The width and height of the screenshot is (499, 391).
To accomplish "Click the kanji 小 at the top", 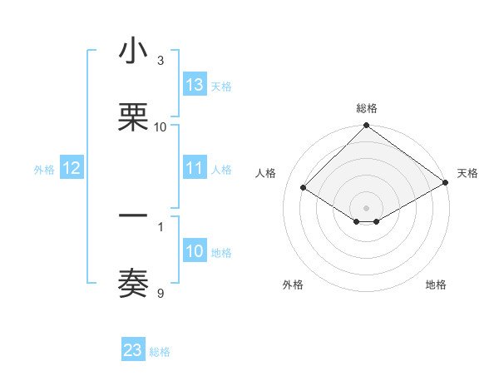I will (133, 52).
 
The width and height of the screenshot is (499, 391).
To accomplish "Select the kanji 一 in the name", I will (133, 217).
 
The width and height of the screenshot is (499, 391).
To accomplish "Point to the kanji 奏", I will (133, 283).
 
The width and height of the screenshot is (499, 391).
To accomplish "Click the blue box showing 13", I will (195, 85).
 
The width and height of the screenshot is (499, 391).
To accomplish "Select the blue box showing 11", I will (195, 168).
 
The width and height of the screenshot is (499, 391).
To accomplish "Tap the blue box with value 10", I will (195, 251).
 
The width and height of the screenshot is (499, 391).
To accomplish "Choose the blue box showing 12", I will (72, 168).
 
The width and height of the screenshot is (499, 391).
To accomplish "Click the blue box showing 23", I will (133, 350).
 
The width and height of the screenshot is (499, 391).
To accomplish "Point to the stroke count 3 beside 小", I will (161, 61).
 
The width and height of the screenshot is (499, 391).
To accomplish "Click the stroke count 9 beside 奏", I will (161, 293).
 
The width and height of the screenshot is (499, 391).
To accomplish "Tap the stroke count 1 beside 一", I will (161, 225).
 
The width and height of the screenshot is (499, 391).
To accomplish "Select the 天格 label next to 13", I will (221, 87).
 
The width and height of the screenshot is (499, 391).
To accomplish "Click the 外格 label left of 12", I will (44, 170).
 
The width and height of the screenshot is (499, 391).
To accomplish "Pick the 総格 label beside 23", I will (160, 352).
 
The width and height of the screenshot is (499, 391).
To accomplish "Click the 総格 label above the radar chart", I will (367, 108).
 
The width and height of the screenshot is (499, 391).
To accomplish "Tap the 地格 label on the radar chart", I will (436, 285).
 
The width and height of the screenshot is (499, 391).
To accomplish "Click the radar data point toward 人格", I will (304, 188).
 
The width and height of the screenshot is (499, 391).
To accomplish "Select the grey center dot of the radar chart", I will (367, 208).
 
